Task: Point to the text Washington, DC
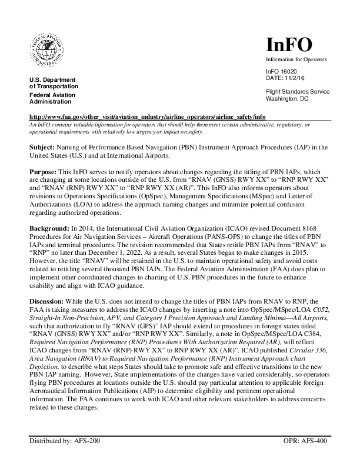tap(287, 98)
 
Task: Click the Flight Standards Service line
tap(298, 91)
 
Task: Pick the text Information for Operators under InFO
tap(296, 59)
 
